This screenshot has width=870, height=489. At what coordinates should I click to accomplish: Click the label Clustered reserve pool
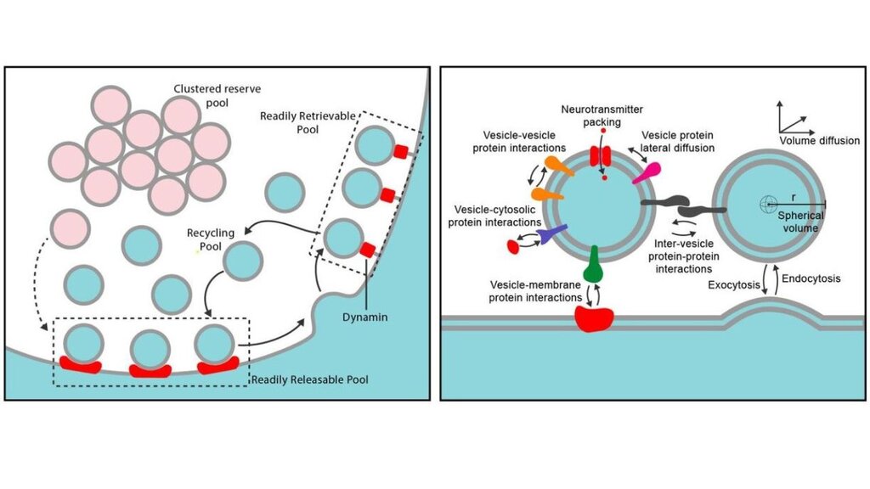(x=212, y=95)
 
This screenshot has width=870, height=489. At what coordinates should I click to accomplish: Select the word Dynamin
(x=368, y=317)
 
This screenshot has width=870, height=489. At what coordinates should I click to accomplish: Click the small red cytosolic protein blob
(x=513, y=247)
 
